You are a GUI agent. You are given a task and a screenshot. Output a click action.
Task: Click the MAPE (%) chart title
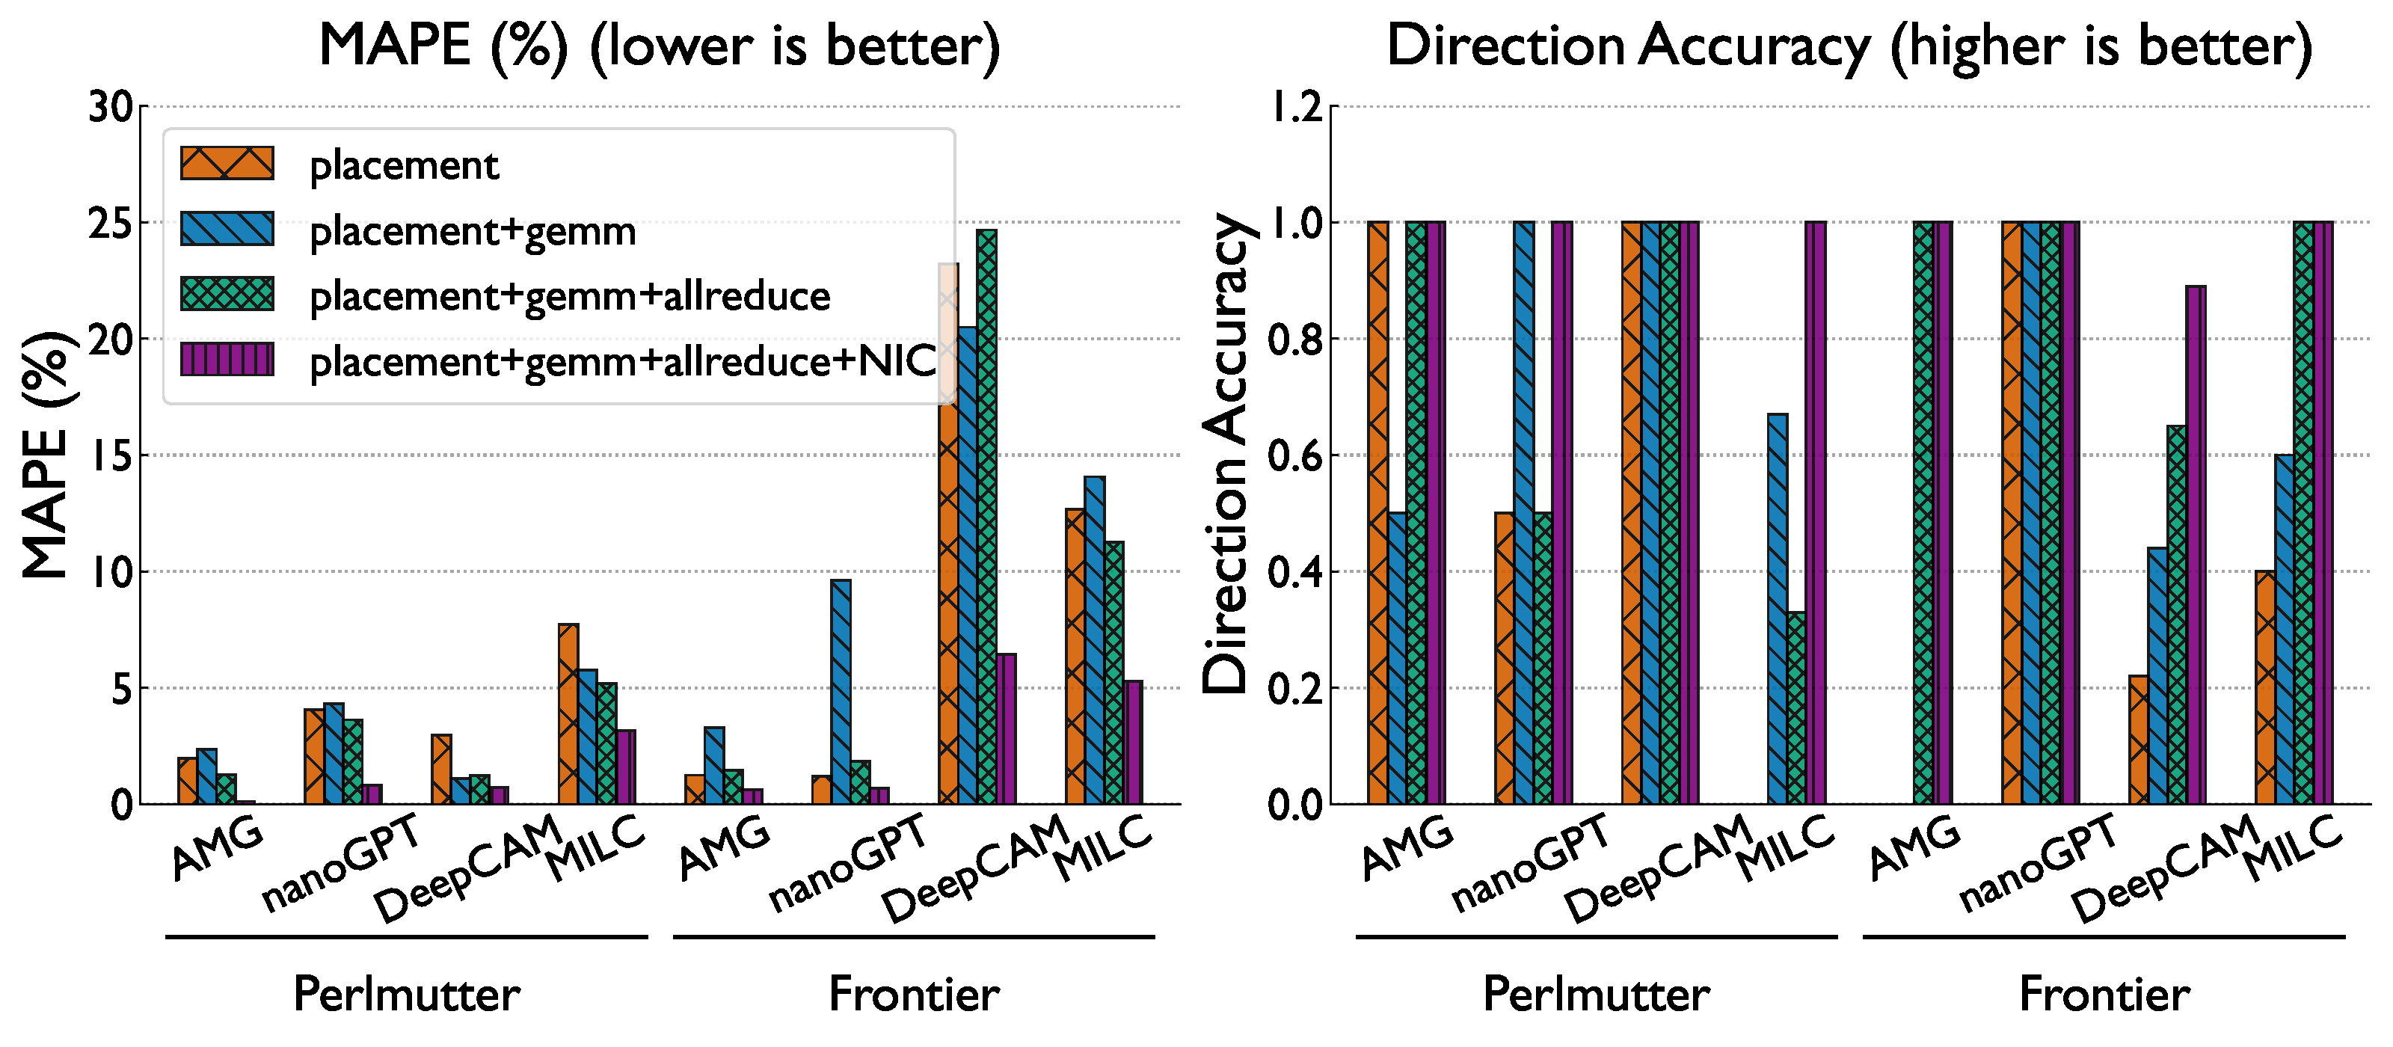coord(660,46)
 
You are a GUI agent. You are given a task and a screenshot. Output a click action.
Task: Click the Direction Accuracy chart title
coord(1849,46)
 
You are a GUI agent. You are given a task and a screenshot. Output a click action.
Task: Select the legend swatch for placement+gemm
coord(227,230)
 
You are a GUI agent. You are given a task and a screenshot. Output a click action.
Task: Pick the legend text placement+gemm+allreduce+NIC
coord(622,361)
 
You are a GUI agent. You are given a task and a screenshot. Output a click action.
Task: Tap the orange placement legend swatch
coord(227,164)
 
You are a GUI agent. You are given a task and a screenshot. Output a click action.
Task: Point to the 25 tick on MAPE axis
coord(111,224)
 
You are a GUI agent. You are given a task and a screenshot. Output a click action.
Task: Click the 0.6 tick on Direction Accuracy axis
coord(1296,456)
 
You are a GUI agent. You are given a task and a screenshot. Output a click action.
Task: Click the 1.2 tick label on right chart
coord(1296,108)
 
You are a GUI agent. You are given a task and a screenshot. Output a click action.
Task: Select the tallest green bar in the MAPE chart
coord(986,515)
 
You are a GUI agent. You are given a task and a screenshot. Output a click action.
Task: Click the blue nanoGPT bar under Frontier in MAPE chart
coord(841,692)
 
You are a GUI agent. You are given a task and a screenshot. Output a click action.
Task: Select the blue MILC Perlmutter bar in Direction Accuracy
coord(1777,609)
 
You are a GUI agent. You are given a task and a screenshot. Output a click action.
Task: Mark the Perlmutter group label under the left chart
coord(406,994)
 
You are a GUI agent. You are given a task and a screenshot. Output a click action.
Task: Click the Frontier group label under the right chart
coord(2104,994)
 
